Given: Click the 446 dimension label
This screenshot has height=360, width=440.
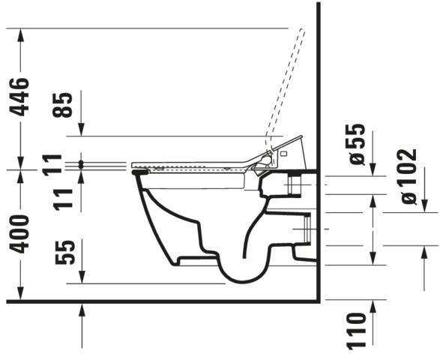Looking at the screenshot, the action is pos(19,97).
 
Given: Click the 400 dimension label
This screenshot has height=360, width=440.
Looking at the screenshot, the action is pos(19,234).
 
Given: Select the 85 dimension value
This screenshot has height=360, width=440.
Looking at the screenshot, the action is pos(62,105).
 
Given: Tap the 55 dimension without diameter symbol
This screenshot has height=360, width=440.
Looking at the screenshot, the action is pos(65,252).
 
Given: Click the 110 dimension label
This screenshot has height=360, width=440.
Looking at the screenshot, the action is pos(356,331).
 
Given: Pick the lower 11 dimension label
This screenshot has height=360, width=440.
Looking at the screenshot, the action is pos(63,199).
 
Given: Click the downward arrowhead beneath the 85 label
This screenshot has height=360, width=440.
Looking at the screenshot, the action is pos(81,130).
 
